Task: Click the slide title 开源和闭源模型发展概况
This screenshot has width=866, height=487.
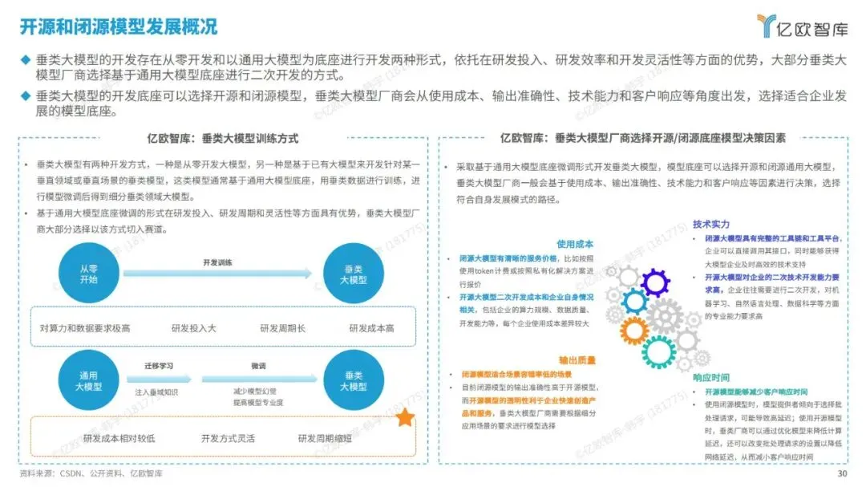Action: [119, 26]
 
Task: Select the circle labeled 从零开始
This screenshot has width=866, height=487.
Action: [88, 274]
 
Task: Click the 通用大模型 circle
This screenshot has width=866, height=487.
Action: [88, 380]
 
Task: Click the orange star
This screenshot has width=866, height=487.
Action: [405, 417]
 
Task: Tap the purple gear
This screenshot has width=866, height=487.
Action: [655, 282]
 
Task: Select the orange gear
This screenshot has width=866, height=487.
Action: [634, 330]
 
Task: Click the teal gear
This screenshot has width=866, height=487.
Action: [659, 351]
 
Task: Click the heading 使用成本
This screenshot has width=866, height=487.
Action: [575, 244]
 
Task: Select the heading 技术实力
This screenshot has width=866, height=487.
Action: [712, 224]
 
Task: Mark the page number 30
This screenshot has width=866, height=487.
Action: [842, 473]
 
